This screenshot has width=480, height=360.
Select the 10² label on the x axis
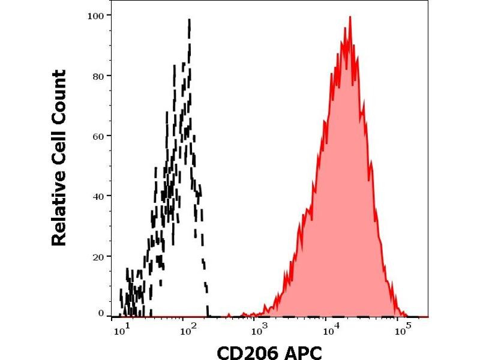tap(190, 329)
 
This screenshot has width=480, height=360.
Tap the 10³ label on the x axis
tap(259, 329)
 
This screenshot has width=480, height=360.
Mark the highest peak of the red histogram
tap(349, 17)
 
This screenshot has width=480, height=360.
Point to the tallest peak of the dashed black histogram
tap(190, 20)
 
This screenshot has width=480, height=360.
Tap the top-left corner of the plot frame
tap(112, 5)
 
